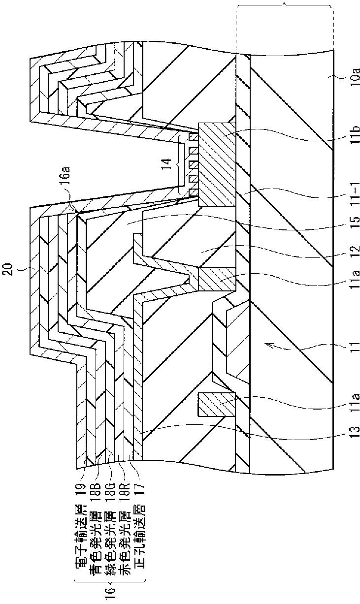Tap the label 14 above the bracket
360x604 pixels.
pos(167,162)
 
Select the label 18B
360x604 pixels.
pos(96,477)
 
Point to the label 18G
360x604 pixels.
pos(108,477)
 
